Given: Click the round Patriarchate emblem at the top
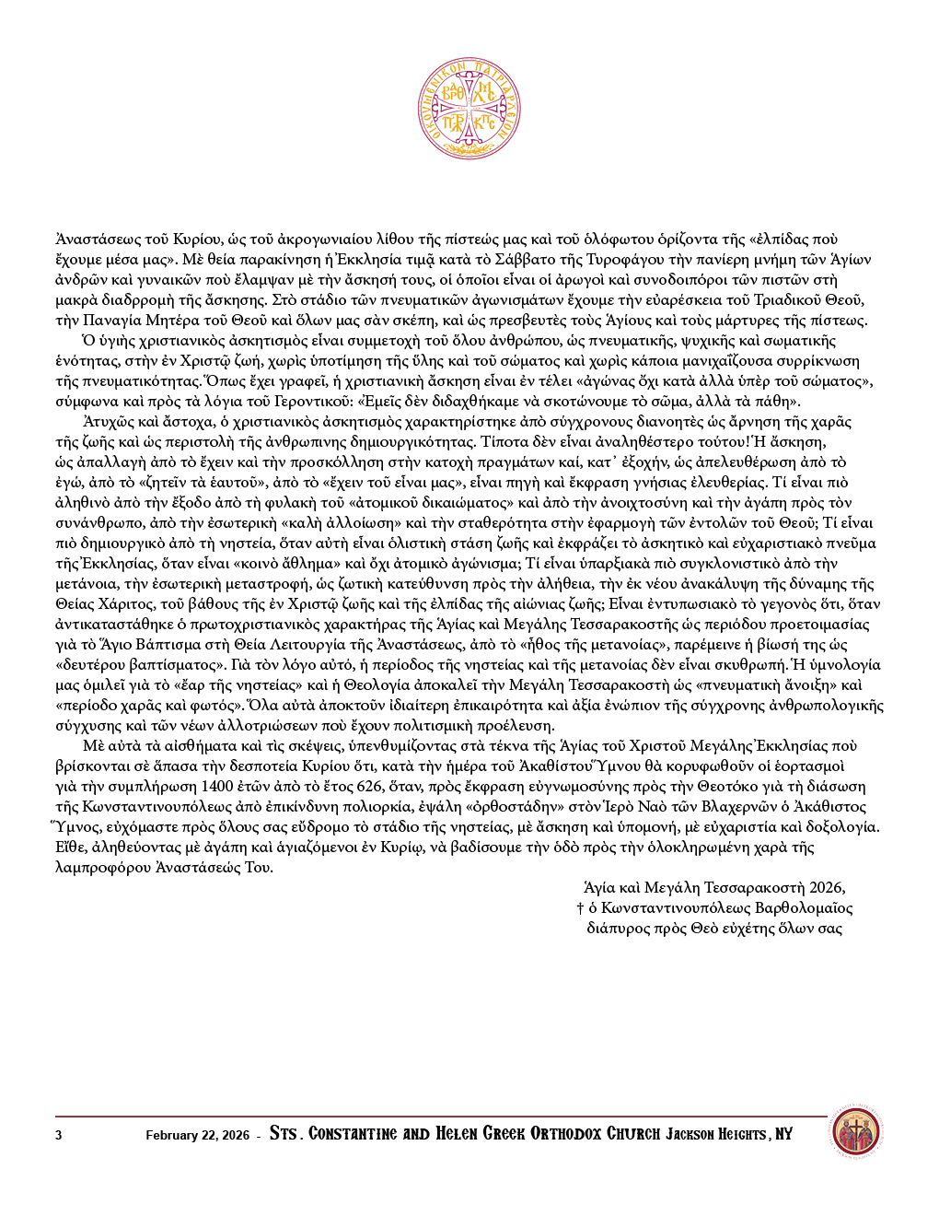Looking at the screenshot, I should tap(469, 109).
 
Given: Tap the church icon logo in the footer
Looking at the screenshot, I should tap(855, 1132).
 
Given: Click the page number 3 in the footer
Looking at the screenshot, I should tap(59, 1135).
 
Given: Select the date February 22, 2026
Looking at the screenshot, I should tap(197, 1135).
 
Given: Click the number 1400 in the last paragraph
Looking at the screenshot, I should tap(217, 787).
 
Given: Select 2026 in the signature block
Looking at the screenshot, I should tap(827, 888).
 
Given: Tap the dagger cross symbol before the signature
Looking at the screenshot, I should tap(580, 908).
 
